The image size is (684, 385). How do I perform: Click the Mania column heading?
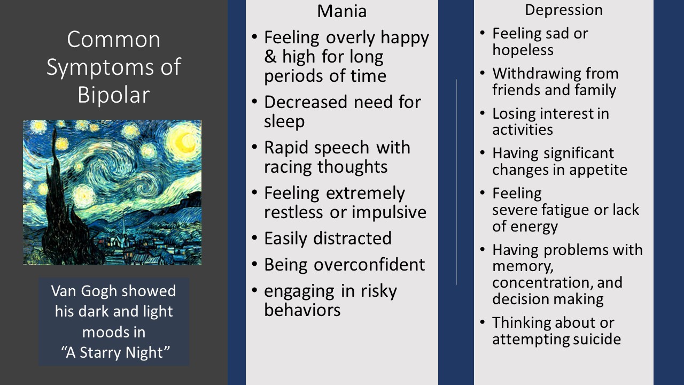pos(342,11)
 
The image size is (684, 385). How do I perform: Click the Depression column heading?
pos(563,10)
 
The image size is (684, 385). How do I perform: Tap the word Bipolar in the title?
pos(113,94)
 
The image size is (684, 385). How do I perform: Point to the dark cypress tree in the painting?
pos(56,203)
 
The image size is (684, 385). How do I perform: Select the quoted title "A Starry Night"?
pos(113,352)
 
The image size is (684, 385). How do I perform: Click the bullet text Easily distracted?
pos(328,238)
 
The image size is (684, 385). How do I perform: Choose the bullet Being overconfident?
pos(344,265)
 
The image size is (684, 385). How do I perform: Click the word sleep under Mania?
pos(284,121)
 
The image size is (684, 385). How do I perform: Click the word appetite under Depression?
pos(598,170)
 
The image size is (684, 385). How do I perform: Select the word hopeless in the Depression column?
pos(523,50)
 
